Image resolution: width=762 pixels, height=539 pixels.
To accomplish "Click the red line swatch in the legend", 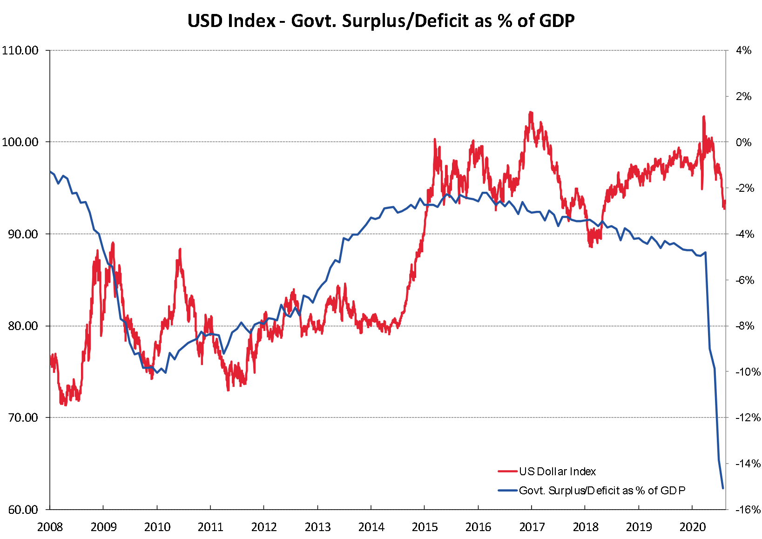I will pos(507,472).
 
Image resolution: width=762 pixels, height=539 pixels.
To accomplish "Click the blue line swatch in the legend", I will pos(507,490).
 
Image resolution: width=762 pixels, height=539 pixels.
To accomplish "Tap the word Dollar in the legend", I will pos(552,472).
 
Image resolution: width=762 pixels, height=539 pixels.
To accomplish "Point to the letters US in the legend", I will pos(526,472).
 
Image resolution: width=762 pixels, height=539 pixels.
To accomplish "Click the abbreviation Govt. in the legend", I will pos(532,491).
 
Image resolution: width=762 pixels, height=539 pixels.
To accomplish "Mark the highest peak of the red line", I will pos(531,112).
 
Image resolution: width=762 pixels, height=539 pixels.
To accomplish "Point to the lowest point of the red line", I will pos(66,405).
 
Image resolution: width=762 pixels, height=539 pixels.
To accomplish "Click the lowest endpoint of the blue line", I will pos(723,488).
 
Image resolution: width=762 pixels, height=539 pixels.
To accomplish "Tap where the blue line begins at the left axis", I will pos(50,172).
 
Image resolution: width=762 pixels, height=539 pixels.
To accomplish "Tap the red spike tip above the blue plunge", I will pos(703,116).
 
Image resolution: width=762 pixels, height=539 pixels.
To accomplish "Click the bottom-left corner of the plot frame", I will pos(50,509).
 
